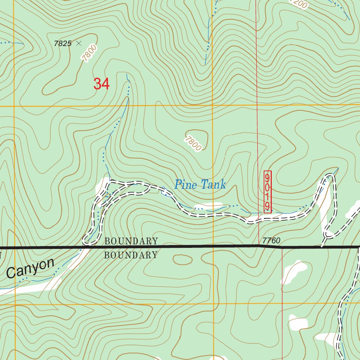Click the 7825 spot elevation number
(63, 44)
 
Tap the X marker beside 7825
(79, 43)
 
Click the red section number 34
(101, 84)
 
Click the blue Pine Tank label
(200, 184)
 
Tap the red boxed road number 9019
(268, 192)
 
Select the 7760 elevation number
(271, 241)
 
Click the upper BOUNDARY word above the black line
(131, 241)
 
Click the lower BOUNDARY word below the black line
(131, 255)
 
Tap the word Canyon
(31, 268)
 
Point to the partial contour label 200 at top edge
(299, 4)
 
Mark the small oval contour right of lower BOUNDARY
(182, 260)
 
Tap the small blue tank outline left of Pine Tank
(164, 190)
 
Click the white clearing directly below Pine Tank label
(208, 205)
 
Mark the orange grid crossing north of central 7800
(213, 105)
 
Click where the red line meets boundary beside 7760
(259, 246)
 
